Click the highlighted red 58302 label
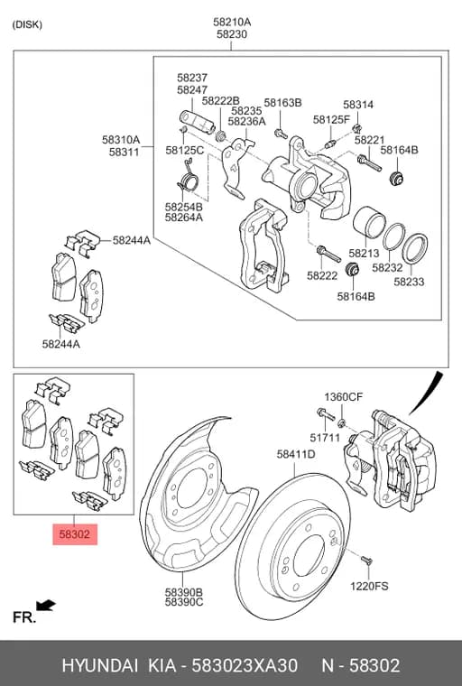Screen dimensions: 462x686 tap(75, 534)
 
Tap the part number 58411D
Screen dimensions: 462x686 tap(296, 455)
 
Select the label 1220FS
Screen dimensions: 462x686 tap(369, 586)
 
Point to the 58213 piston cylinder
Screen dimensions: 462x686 tap(369, 223)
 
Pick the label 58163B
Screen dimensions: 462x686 tap(282, 103)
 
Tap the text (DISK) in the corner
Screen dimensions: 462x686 tap(27, 24)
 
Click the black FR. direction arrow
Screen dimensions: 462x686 tap(46, 606)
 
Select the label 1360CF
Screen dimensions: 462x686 tap(344, 397)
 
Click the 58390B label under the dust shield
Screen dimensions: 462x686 tap(184, 592)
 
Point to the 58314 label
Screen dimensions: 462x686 tap(358, 105)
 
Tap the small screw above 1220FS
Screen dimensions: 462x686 tap(366, 561)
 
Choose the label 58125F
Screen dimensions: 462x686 tap(332, 119)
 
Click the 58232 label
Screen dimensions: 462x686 tap(387, 267)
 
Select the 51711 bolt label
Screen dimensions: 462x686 tap(325, 438)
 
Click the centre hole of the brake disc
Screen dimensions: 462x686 tap(309, 555)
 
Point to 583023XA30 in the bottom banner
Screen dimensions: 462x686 tap(245, 666)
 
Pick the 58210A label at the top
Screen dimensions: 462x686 tap(232, 22)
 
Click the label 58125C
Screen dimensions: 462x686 tap(185, 150)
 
